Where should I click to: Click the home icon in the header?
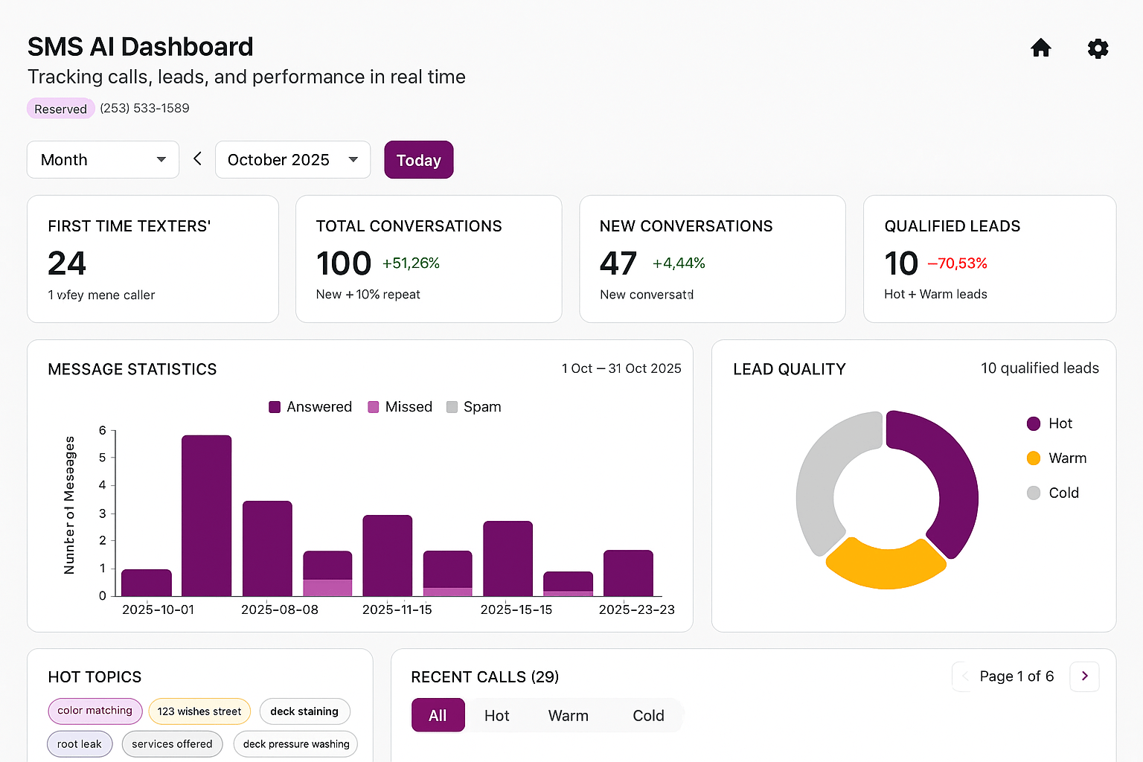1040,48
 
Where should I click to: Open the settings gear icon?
1098,48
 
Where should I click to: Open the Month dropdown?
103,160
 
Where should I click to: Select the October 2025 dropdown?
292,160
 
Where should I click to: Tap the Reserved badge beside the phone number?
60,109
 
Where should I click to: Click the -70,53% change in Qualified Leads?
957,263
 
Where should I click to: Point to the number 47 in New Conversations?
618,263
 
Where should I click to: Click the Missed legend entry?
400,407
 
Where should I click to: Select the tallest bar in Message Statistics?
206,515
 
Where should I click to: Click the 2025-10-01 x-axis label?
158,609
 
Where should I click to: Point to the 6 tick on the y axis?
103,430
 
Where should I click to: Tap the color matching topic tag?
95,711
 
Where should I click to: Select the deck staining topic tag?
304,711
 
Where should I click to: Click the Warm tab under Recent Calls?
568,716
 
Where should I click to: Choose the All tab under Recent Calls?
438,716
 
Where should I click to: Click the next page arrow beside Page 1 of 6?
1084,676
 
